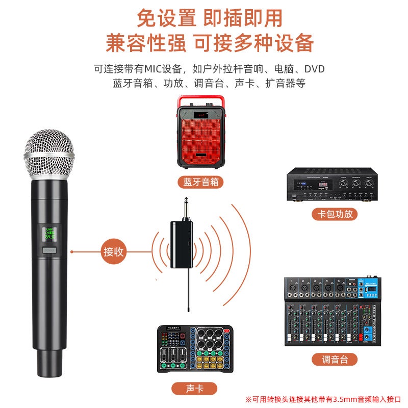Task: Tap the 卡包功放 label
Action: tap(334, 214)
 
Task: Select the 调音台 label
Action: tap(334, 360)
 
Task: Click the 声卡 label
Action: tap(193, 389)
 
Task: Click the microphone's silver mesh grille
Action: tap(49, 153)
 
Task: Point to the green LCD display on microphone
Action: tap(49, 234)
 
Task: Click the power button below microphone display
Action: tap(49, 250)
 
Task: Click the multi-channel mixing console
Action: tap(333, 311)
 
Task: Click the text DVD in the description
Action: tap(314, 69)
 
